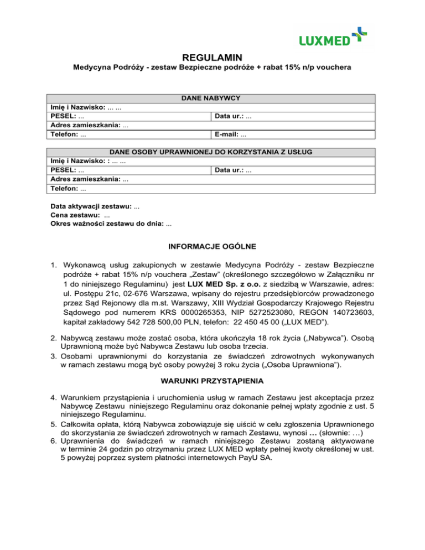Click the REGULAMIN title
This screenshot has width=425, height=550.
[x=212, y=57]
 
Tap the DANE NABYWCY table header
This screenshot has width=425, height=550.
[x=212, y=98]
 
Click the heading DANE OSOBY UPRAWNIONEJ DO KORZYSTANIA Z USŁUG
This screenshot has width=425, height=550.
[x=212, y=152]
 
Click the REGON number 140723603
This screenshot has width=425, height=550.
[x=310, y=312]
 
